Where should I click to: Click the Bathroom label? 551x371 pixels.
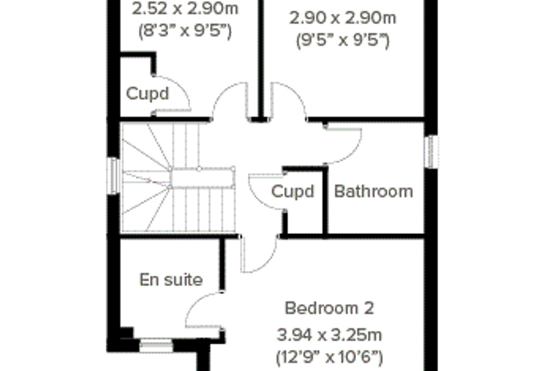coord(373,191)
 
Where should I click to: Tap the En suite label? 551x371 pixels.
coord(171,280)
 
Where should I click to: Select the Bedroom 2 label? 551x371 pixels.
coord(329,308)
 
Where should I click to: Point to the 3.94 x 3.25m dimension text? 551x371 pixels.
coord(329,335)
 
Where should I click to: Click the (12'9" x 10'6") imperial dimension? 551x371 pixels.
coord(329,358)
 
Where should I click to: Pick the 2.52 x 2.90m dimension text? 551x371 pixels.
coord(185,9)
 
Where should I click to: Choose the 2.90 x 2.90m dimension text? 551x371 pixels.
coord(343,17)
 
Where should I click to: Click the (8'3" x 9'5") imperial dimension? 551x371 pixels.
coord(185,32)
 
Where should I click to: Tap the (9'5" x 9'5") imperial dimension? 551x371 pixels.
coord(343,41)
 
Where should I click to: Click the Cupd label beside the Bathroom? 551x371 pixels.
coord(293,191)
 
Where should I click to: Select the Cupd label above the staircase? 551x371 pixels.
coord(148,93)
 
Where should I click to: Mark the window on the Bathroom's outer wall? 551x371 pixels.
coord(431,151)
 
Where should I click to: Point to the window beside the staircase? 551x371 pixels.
coord(114,175)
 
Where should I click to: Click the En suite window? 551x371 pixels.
coord(157,346)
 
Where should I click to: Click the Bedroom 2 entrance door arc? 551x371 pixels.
coord(268,261)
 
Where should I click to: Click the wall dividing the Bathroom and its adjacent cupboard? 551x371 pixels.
coord(326,201)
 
